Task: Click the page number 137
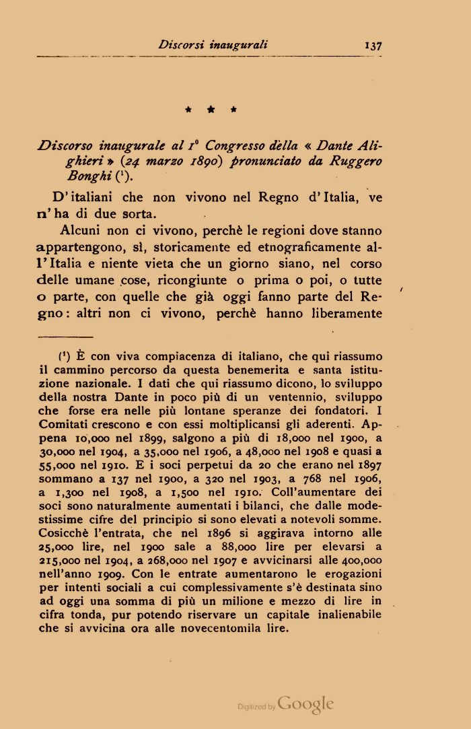pos(372,46)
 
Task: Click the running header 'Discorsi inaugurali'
pos(213,45)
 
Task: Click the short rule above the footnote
pos(66,336)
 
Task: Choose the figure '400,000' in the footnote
pos(362,559)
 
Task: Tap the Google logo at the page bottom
pos(305,704)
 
